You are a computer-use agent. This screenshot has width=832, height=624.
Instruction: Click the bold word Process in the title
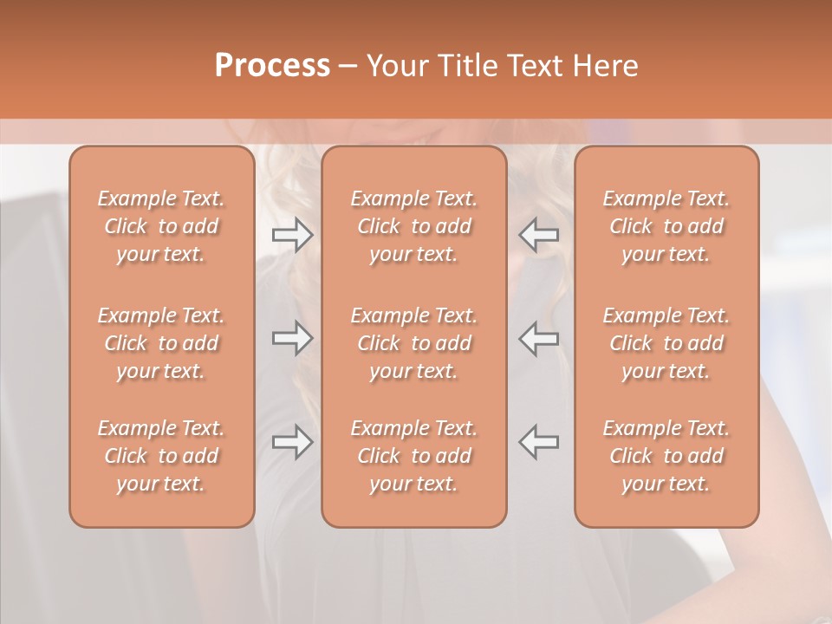[272, 66]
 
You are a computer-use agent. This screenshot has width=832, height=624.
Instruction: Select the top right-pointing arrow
[292, 235]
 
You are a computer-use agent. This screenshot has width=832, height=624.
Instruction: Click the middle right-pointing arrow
[292, 338]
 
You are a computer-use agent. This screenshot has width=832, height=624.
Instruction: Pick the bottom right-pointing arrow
[292, 442]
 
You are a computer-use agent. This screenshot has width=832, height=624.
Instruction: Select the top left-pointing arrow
[539, 235]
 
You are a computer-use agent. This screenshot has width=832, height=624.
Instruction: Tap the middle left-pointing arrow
[539, 338]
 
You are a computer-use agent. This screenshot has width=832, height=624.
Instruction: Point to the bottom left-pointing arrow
[539, 442]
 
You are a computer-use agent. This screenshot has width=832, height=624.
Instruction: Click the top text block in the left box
[161, 226]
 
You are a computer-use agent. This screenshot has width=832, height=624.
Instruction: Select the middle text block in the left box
[161, 343]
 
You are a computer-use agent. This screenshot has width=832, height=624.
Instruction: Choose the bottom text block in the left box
[161, 456]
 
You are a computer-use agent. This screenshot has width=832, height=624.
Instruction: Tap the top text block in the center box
[414, 226]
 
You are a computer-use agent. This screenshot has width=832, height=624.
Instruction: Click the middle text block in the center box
[414, 343]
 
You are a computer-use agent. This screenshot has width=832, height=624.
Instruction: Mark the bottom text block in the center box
[414, 456]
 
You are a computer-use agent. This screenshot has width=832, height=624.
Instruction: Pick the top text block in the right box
[666, 226]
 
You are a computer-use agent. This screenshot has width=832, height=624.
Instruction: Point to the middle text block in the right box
[666, 343]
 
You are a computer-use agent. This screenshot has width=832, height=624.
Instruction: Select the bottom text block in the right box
[666, 456]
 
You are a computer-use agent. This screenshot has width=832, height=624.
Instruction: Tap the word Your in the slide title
[397, 66]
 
